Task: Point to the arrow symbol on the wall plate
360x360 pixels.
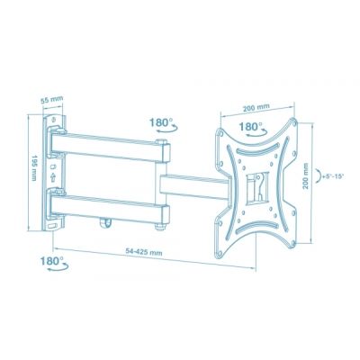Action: [58, 177]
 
